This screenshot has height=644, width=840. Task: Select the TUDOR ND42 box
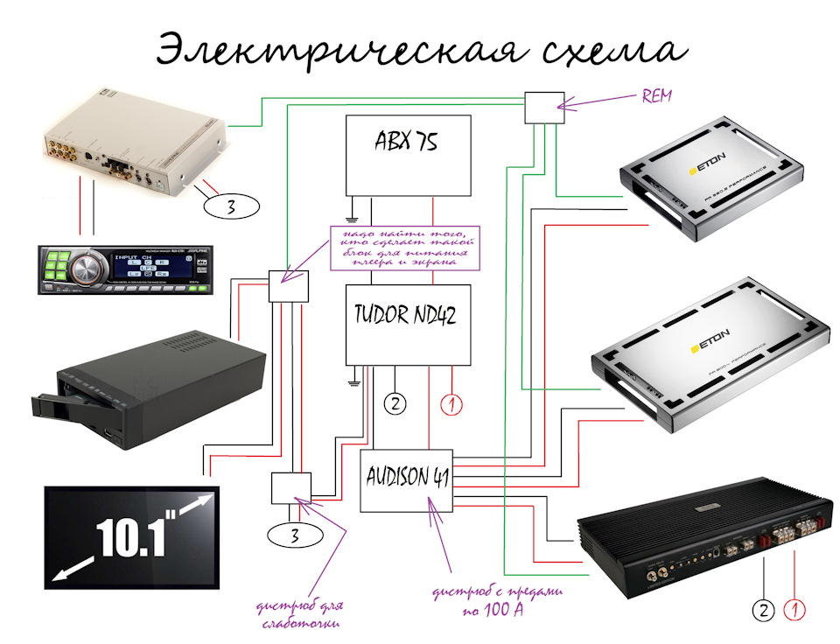[x=408, y=324]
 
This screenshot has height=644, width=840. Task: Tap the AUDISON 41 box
[x=407, y=480]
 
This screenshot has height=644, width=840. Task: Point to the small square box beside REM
[x=541, y=108]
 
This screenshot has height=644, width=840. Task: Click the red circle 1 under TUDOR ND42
[x=451, y=404]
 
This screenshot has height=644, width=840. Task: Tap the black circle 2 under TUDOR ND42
[x=395, y=404]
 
